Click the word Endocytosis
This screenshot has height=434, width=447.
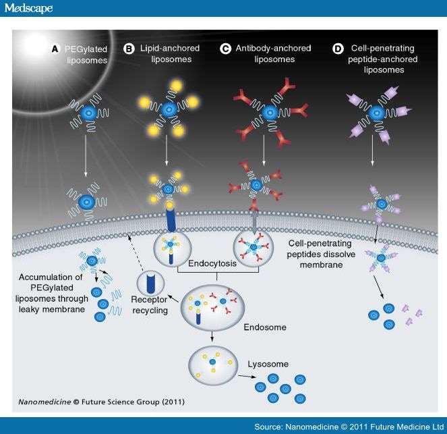(213, 265)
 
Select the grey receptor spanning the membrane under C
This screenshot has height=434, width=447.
(254, 220)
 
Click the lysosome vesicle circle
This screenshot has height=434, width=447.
(213, 365)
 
